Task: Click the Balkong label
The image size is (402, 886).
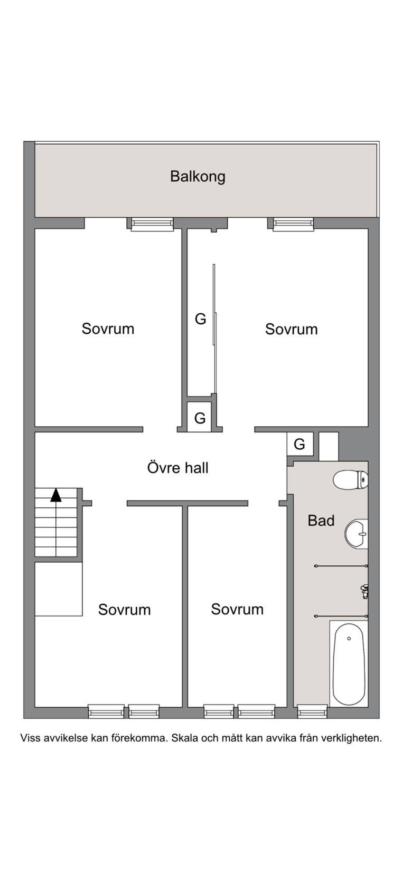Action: (198, 176)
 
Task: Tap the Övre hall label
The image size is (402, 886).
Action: (178, 467)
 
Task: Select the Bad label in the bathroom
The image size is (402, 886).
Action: (321, 521)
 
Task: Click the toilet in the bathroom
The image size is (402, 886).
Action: (351, 480)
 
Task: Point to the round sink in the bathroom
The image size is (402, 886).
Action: (357, 534)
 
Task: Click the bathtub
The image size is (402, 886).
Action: (349, 664)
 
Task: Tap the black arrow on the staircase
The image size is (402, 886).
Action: (56, 495)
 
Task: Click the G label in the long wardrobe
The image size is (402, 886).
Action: (200, 319)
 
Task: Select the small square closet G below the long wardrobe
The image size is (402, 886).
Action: (200, 417)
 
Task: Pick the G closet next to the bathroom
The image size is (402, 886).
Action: (300, 444)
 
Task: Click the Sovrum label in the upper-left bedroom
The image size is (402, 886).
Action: (108, 329)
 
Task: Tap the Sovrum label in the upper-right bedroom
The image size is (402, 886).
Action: (292, 329)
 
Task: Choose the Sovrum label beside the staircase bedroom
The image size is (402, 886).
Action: (124, 610)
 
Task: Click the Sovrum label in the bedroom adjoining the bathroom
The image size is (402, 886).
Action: (237, 609)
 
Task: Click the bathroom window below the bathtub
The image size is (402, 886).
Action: (312, 711)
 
